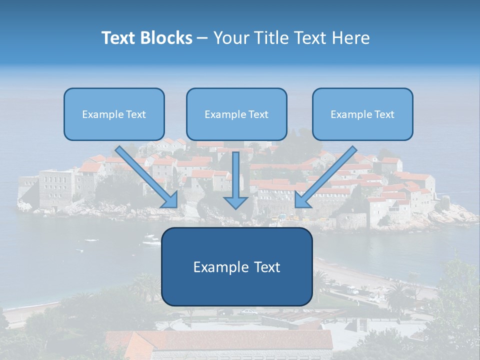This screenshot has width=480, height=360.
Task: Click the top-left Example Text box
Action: (x=114, y=114)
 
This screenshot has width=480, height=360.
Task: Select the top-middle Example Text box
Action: (x=236, y=114)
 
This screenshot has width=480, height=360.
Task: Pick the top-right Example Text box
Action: (x=362, y=114)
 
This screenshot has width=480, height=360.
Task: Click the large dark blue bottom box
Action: (x=236, y=266)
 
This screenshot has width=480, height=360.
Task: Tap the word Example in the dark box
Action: (x=217, y=267)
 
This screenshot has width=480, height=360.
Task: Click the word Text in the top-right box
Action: (x=384, y=114)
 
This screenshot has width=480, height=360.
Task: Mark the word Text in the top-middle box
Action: (x=258, y=114)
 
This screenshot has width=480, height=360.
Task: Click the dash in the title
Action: (x=202, y=38)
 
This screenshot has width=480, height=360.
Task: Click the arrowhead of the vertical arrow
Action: (x=235, y=201)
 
